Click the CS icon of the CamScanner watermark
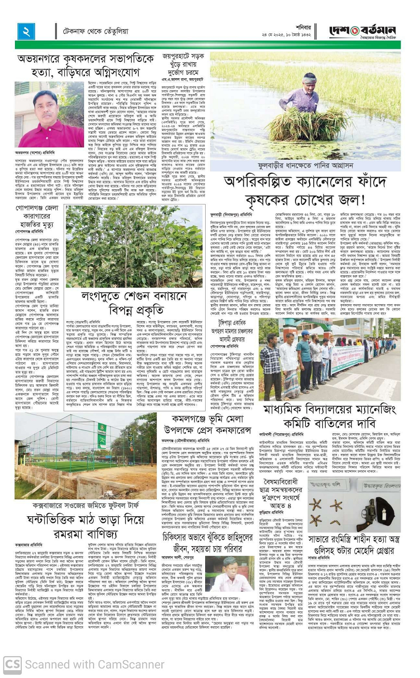pos(12,665)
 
